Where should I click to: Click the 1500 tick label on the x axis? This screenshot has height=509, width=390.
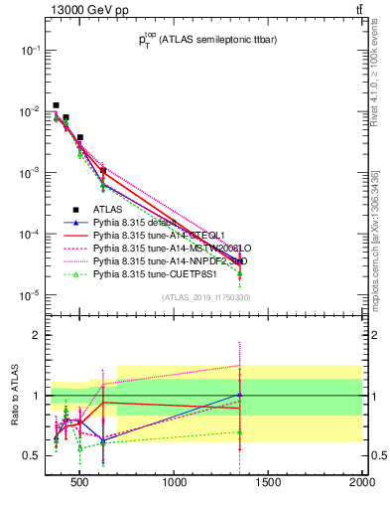pyautogui.click(x=269, y=484)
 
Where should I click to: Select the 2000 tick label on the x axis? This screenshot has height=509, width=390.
pyautogui.click(x=361, y=484)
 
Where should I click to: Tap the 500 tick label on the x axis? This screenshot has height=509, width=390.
pyautogui.click(x=81, y=484)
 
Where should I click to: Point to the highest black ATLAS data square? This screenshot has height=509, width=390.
pyautogui.click(x=57, y=104)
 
